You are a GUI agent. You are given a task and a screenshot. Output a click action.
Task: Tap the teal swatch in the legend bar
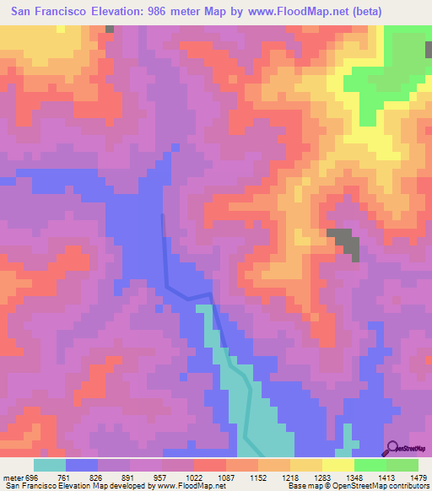pyautogui.click(x=49, y=465)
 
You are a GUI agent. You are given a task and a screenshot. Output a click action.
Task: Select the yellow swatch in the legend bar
pyautogui.click(x=337, y=465)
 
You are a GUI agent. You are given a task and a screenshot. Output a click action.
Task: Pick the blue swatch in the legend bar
pyautogui.click(x=82, y=465)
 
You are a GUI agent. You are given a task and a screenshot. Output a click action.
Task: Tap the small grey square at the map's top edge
pyautogui.click(x=110, y=29)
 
